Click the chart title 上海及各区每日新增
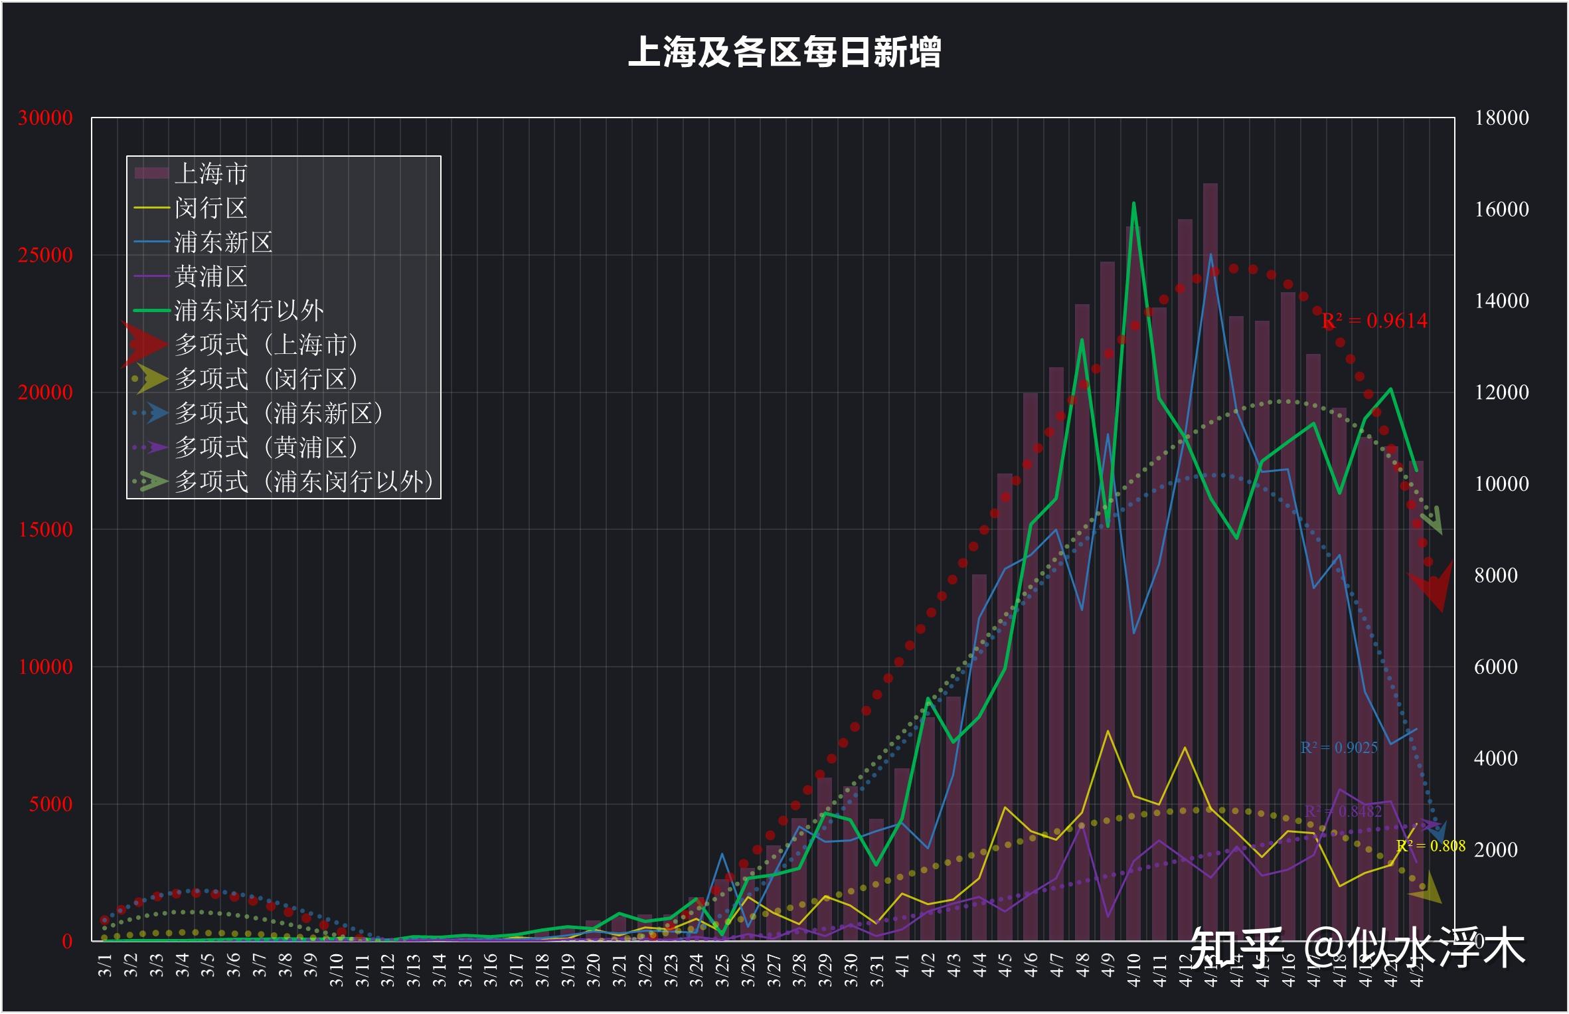click(784, 52)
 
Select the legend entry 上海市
click(210, 174)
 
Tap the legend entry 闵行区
click(210, 209)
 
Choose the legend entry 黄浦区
click(210, 276)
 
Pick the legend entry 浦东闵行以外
click(249, 310)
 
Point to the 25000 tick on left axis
click(45, 255)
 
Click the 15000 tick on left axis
click(45, 529)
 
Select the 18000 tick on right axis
click(1501, 118)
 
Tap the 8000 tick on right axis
click(1495, 575)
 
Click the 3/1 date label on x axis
click(106, 966)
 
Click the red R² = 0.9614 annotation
click(1374, 321)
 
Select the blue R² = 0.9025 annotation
click(1339, 748)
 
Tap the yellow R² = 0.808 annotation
click(1430, 846)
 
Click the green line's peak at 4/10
click(1133, 203)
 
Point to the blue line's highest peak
click(1210, 254)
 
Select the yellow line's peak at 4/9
click(1108, 731)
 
